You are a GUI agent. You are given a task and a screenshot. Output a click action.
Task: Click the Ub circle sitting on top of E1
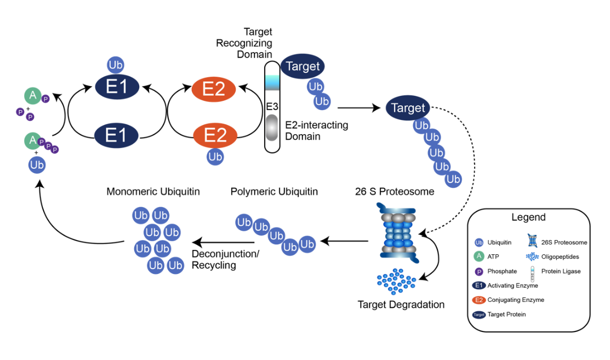(x=116, y=65)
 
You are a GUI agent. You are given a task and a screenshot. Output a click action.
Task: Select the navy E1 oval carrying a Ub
(x=117, y=87)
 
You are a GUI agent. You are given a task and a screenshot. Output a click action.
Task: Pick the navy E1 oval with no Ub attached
(x=116, y=135)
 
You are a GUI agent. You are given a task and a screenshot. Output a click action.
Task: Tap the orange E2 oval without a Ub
(x=214, y=89)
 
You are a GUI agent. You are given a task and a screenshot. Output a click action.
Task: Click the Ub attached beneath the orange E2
(x=215, y=157)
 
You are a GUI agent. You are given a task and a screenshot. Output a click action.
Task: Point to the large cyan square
(x=272, y=83)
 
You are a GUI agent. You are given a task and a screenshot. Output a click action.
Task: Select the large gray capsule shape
(x=272, y=128)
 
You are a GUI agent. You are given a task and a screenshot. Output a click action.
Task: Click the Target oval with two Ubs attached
(x=303, y=66)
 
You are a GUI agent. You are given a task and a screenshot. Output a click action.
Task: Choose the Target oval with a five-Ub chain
(x=408, y=108)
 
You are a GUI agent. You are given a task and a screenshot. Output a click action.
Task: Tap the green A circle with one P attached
(x=33, y=96)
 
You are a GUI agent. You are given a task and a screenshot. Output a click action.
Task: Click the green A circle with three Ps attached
(x=32, y=140)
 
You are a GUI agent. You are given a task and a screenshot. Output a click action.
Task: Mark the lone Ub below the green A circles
(x=37, y=164)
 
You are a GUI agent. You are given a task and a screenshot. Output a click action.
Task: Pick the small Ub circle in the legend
(x=479, y=242)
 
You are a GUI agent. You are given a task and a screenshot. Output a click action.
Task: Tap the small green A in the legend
(x=479, y=256)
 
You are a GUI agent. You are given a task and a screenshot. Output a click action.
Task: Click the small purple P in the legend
(x=479, y=272)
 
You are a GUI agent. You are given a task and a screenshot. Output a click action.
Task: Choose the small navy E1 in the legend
(x=479, y=285)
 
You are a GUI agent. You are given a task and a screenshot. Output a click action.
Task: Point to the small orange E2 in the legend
(x=479, y=300)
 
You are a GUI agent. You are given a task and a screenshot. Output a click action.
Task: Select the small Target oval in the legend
(x=479, y=315)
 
